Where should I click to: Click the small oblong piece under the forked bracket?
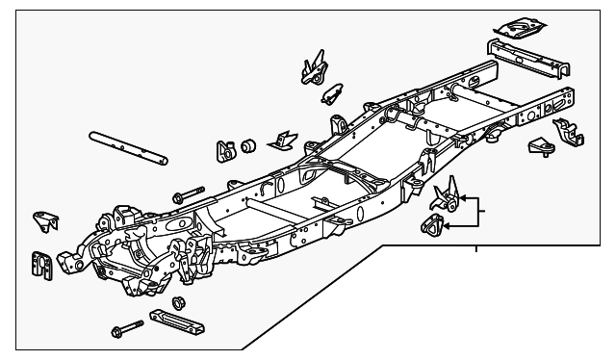[332, 92]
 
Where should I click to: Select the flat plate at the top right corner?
[526, 26]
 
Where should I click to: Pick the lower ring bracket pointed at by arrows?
[434, 228]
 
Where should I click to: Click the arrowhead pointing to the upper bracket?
[464, 199]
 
